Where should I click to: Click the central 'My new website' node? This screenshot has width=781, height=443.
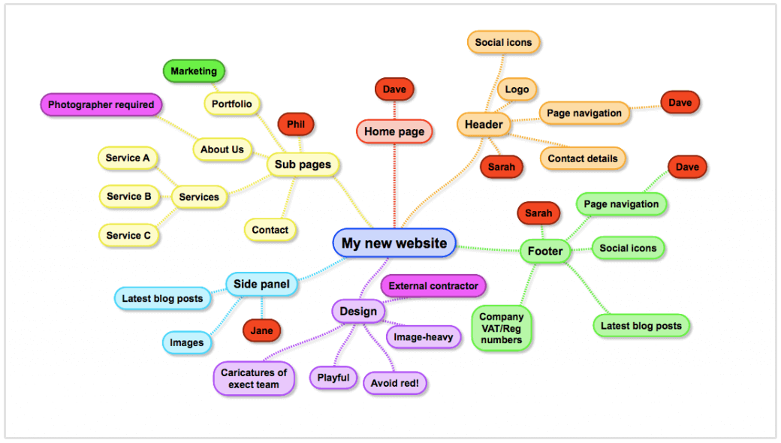pos(394,243)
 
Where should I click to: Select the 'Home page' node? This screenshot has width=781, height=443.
pos(394,131)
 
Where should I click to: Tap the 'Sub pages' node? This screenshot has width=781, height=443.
pos(303,164)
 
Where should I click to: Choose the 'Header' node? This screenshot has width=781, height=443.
pos(484,124)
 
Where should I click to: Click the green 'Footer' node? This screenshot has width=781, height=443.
pos(545,251)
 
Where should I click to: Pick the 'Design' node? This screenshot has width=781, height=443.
pos(358,312)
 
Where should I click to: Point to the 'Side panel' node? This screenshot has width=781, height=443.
pos(261,284)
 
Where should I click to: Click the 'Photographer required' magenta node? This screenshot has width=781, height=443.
pos(101,105)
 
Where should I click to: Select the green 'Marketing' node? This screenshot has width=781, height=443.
pos(194,71)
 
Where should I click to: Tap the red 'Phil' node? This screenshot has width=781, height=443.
pos(295,124)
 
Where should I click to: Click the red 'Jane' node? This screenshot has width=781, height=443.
pos(261,330)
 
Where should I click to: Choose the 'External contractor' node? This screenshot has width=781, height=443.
pos(433,285)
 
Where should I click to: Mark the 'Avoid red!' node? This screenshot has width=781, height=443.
pos(395,383)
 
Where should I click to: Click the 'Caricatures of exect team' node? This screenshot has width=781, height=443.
pos(254,378)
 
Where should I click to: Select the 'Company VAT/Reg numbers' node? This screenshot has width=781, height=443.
pos(502,328)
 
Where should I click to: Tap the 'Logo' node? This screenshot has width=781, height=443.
pos(517,89)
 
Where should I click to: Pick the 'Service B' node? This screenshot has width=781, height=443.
pos(129,197)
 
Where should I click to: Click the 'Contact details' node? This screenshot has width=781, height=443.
pos(583,158)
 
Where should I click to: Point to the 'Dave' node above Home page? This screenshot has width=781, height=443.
pos(394,89)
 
